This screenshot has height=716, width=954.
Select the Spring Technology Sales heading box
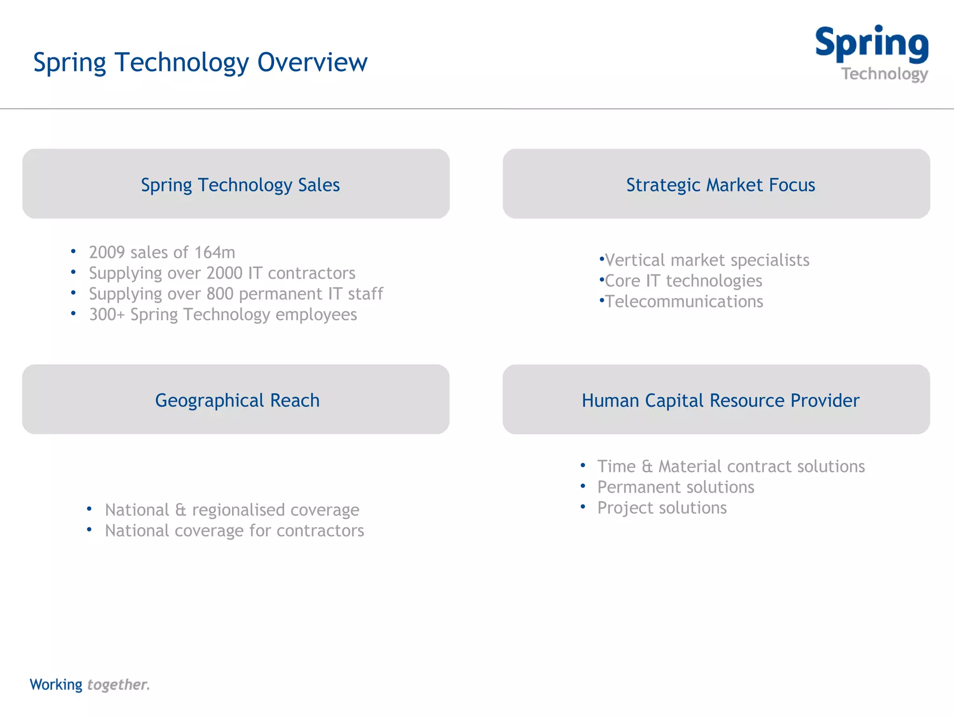point(236,184)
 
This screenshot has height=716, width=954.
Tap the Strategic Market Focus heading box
point(716,184)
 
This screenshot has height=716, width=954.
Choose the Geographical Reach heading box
point(236,399)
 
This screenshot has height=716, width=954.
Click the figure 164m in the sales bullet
point(215,252)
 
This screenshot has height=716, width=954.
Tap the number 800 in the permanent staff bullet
point(220,294)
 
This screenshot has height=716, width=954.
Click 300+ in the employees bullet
point(107,315)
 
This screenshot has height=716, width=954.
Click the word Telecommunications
point(684,302)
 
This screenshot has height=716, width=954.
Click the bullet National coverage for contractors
point(234,530)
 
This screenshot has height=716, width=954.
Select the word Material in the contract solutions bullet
point(690,466)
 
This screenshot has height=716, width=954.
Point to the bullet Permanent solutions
point(675,487)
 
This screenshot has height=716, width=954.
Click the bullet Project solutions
point(662,508)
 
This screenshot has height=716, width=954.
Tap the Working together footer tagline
point(89,684)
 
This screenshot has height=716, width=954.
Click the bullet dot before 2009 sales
point(73,252)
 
